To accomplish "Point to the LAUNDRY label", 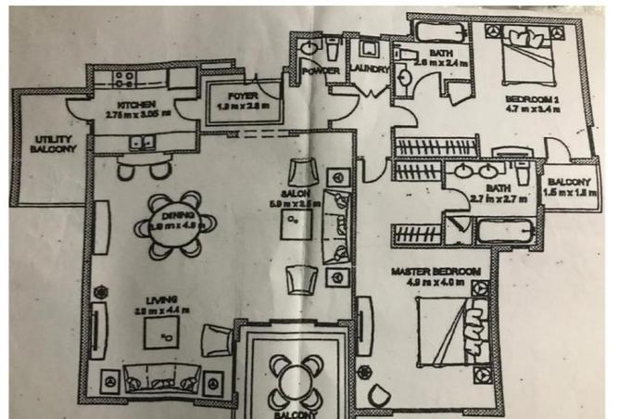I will coord(369,70).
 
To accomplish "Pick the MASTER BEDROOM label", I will coord(436,271).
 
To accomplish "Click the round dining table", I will coord(177,225).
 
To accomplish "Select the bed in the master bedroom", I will coord(455,328).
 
